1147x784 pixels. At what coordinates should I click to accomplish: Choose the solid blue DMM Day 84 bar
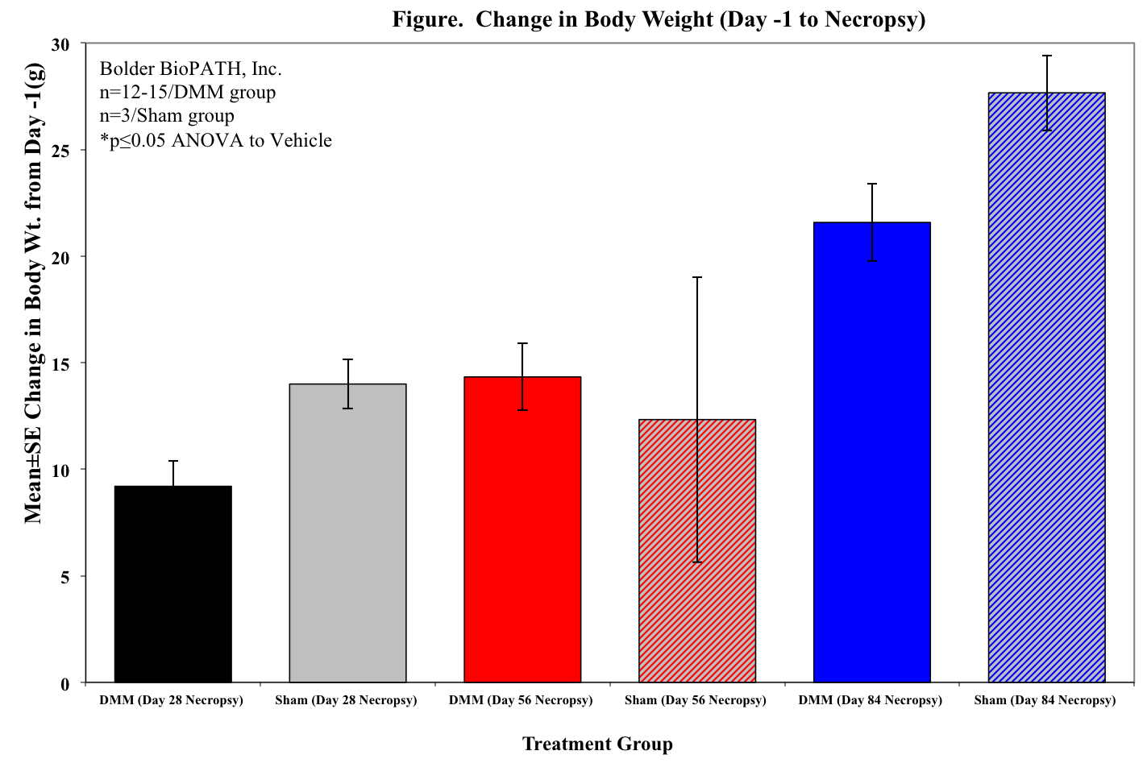(872, 452)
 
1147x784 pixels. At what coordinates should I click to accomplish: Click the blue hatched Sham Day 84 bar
(1046, 388)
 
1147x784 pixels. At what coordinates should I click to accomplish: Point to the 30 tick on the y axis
(62, 44)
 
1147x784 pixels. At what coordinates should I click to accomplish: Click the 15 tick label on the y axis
(62, 363)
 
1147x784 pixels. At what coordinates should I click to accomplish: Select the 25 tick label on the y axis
(62, 151)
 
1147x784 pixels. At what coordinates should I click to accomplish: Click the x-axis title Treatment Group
(597, 744)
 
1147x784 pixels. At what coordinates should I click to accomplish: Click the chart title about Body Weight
(659, 19)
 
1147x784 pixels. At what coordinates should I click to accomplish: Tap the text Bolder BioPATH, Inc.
(190, 68)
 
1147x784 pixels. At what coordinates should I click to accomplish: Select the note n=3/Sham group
(167, 116)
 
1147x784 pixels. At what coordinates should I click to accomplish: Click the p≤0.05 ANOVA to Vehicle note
(215, 140)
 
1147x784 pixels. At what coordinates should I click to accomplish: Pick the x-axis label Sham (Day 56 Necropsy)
(695, 700)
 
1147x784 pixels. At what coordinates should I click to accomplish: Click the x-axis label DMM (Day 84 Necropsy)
(870, 700)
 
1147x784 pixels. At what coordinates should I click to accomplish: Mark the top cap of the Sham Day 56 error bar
(697, 277)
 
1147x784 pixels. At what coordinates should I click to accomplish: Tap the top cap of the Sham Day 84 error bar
(1046, 56)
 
